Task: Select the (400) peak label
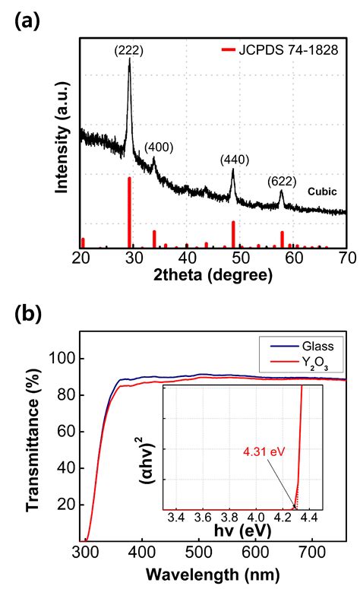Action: point(158,147)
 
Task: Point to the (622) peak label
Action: point(283,182)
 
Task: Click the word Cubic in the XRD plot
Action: point(321,192)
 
